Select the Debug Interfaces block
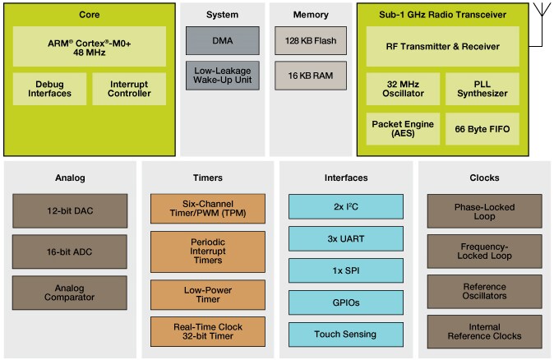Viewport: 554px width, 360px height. [49, 89]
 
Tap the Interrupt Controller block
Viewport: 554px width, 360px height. [129, 89]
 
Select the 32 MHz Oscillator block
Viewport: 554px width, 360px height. [402, 88]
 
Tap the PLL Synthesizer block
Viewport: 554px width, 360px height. [482, 88]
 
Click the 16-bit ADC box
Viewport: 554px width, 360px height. [70, 252]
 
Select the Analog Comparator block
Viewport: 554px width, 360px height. [70, 293]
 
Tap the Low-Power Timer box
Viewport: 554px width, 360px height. [208, 294]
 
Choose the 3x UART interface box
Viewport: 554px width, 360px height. [346, 238]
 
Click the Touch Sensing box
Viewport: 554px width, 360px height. [346, 334]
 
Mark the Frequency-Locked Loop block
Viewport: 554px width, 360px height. [484, 251]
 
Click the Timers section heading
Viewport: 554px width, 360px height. [208, 178]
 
